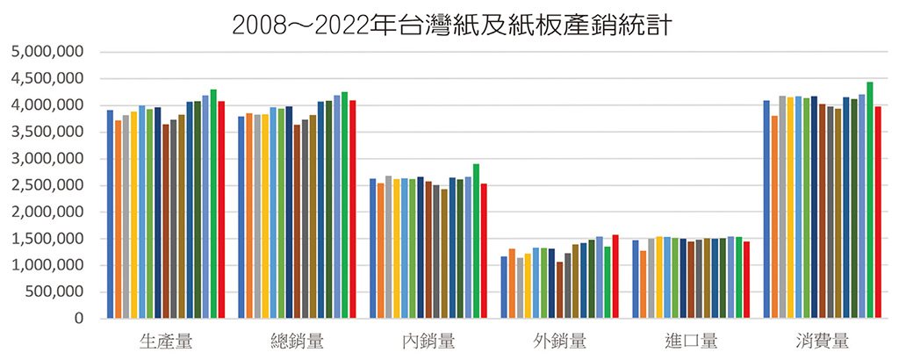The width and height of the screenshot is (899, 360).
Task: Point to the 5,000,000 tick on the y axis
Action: (x=47, y=53)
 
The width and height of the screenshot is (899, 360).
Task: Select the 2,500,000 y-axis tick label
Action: (x=47, y=185)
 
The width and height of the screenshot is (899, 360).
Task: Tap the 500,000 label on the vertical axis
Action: (x=52, y=292)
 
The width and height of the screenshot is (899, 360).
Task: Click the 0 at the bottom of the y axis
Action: (x=78, y=319)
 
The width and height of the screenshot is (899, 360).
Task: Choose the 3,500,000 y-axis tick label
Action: (x=47, y=133)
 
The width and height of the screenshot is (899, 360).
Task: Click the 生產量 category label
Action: (x=166, y=341)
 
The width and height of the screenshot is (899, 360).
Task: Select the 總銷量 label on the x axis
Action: (x=298, y=341)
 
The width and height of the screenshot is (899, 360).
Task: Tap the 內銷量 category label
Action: (x=428, y=341)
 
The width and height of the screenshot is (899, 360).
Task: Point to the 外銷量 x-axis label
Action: (x=560, y=341)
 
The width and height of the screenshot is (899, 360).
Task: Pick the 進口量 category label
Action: (x=692, y=341)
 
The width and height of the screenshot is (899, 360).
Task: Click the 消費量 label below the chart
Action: (x=823, y=341)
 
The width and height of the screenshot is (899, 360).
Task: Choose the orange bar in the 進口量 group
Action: (x=644, y=284)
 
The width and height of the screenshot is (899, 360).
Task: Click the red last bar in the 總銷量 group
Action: (x=353, y=210)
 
